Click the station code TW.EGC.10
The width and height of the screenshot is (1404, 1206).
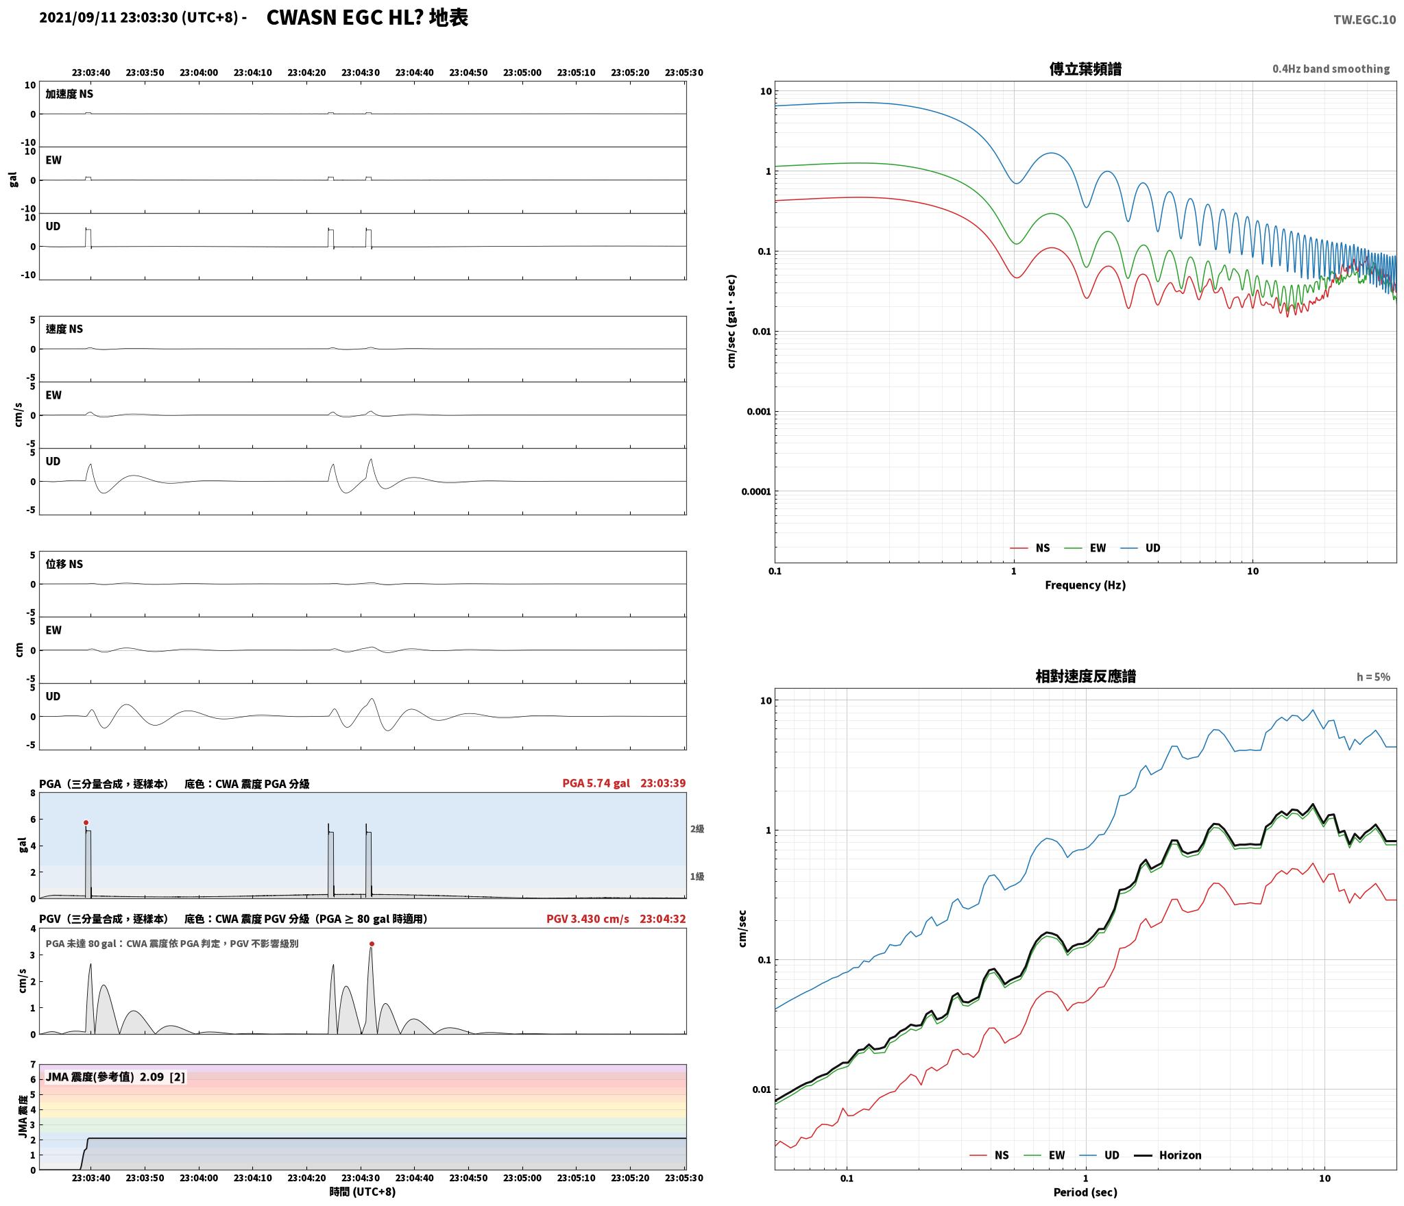tap(1364, 20)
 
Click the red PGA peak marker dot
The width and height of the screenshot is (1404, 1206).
tap(86, 822)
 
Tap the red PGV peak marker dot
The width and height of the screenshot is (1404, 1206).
tap(372, 944)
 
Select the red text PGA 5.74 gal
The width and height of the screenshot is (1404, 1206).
tap(596, 783)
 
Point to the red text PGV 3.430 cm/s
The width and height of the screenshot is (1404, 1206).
tap(588, 919)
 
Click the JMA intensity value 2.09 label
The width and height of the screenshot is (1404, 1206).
tap(152, 1076)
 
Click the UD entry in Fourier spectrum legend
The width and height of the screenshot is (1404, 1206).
tap(1141, 547)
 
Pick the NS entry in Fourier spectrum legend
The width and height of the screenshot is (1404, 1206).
tap(1030, 547)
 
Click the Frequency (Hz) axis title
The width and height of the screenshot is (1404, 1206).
tap(1085, 584)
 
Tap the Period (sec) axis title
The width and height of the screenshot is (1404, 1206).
tap(1085, 1192)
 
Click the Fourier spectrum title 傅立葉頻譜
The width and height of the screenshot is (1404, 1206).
tap(1085, 69)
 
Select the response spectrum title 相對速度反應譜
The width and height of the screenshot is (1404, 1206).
tap(1085, 676)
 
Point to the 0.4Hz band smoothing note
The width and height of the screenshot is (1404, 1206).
tap(1331, 69)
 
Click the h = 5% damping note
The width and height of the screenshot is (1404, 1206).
tap(1373, 677)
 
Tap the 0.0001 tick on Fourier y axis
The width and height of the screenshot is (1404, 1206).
tap(756, 491)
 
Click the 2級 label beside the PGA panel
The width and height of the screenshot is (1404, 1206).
tap(697, 828)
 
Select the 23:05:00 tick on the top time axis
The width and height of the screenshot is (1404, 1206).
tap(522, 72)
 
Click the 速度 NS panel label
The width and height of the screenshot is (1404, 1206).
tap(64, 329)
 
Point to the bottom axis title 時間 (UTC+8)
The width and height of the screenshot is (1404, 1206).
tap(363, 1192)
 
